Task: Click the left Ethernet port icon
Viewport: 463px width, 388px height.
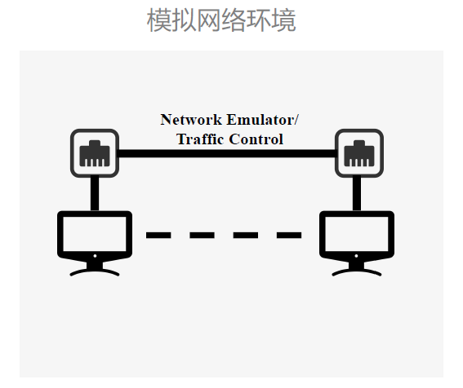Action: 95,153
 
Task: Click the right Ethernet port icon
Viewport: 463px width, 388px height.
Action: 359,153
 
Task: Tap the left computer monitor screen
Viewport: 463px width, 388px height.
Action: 95,234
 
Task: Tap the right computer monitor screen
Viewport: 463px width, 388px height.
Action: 357,234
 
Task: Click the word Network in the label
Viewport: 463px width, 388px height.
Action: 191,120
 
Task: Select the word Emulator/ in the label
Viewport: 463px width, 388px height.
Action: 263,120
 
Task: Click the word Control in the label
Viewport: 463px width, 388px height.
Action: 256,139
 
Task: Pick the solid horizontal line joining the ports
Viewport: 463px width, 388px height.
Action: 227,153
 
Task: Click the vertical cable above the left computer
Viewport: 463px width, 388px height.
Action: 95,194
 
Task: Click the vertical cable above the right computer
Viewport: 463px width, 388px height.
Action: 357,194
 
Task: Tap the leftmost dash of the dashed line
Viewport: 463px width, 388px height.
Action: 158,235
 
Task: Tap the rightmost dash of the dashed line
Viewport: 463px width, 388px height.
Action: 289,235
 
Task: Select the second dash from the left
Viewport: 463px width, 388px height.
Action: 202,235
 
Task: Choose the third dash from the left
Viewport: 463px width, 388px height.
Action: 246,235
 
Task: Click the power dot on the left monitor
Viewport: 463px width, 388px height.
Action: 95,256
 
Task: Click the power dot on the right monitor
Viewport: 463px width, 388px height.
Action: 356,256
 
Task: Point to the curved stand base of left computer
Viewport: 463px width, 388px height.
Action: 95,271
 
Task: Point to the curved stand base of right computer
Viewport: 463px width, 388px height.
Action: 357,271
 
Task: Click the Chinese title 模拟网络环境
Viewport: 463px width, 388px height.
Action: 221,20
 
